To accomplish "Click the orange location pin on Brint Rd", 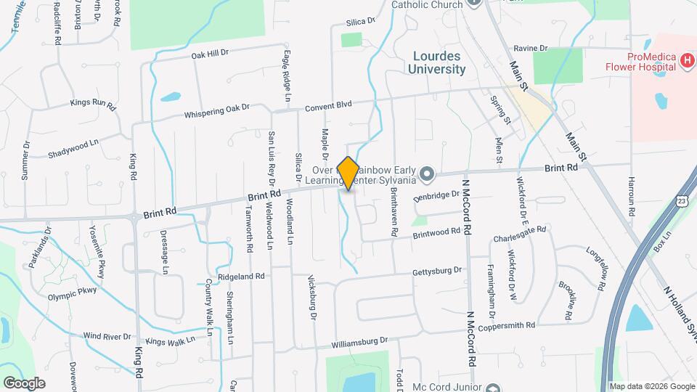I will [x=348, y=173].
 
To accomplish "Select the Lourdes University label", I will [x=439, y=62].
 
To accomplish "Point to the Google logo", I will [x=24, y=383].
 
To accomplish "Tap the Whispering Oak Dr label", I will [x=216, y=110].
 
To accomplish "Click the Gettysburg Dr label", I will [x=437, y=271].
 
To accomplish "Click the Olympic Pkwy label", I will [x=72, y=293].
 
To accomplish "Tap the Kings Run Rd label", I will [x=93, y=103].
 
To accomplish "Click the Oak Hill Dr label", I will [x=210, y=53].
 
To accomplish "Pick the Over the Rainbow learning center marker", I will [x=427, y=173].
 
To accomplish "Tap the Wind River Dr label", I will [x=107, y=337].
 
